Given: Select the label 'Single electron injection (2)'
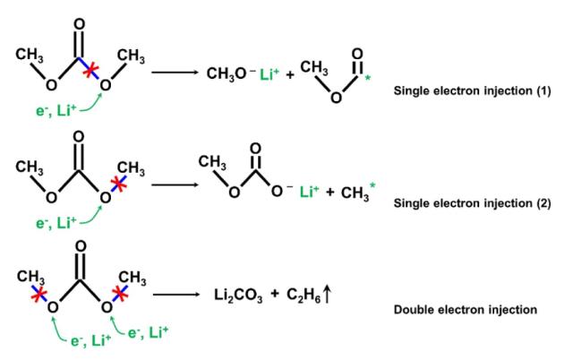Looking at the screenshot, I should [473, 203].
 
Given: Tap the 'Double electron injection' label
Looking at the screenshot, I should [465, 310].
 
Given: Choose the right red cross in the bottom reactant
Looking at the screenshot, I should [116, 292].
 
